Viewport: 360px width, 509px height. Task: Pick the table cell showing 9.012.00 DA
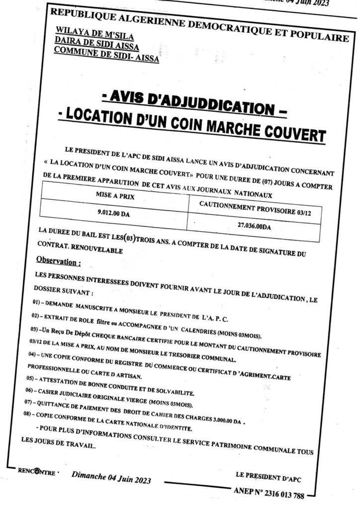(113, 215)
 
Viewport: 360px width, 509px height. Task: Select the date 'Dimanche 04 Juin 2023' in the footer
(111, 479)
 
